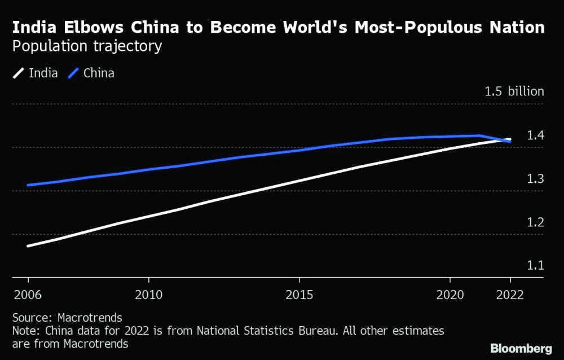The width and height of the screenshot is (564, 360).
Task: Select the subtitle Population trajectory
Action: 87,46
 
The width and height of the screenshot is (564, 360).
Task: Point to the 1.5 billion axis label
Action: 514,91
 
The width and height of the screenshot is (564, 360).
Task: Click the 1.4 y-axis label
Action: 535,135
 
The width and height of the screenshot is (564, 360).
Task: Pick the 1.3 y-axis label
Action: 535,179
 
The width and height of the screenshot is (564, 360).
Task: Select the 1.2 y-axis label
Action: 535,222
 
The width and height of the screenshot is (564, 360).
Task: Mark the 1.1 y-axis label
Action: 535,265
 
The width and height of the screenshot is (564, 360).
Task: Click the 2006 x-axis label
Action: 28,295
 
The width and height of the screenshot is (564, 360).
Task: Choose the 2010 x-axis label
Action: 148,295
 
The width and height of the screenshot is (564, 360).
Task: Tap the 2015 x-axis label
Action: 299,295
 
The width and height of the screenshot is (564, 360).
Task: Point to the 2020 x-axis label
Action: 450,295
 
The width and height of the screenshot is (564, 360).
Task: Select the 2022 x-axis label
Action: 510,295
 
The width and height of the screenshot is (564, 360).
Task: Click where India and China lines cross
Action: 506,140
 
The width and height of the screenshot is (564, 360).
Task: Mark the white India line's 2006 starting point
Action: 28,246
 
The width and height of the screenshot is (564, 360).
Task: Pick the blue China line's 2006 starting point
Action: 28,185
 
